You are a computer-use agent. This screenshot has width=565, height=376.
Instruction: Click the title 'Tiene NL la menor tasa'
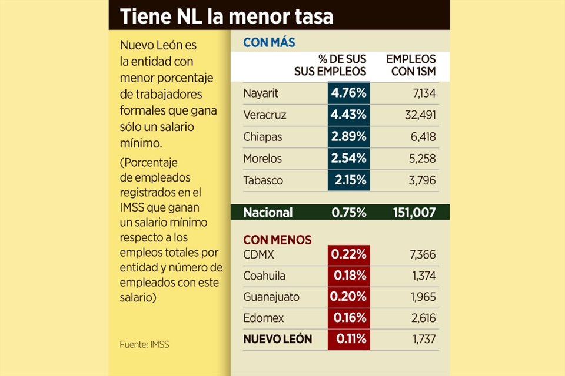227,16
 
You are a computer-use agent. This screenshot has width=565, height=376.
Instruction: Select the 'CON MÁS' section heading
269,43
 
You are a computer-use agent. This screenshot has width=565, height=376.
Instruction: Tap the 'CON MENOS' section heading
277,240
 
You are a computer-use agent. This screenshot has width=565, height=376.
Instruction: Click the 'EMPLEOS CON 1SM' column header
411,66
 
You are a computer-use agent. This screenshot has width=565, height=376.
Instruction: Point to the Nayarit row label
260,93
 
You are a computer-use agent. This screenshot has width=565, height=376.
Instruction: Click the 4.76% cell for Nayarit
349,93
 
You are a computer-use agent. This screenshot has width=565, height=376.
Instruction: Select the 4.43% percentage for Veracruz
349,115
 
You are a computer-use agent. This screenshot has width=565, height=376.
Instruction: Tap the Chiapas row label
262,136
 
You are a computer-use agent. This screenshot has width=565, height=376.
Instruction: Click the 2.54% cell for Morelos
349,158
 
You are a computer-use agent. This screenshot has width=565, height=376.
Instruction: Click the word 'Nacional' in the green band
268,213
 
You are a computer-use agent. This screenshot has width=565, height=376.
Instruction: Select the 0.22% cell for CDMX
349,255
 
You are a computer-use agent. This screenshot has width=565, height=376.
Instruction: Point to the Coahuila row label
264,276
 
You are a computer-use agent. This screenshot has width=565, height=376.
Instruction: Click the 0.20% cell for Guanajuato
349,297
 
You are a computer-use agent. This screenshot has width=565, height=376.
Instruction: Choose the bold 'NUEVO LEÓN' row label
277,339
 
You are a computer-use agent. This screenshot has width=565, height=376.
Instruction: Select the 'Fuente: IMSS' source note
144,344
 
